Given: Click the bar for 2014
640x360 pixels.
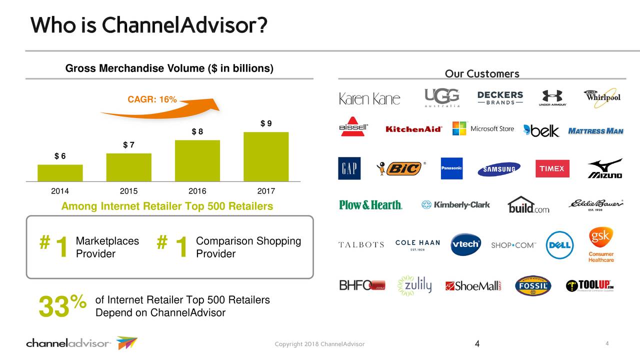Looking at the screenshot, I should [x=60, y=172].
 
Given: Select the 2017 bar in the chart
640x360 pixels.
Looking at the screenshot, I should [x=266, y=156].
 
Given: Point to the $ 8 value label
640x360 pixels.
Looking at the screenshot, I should [x=197, y=131].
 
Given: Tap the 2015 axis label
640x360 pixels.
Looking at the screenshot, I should [x=128, y=191].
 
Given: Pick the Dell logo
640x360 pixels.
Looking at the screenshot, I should [x=559, y=245].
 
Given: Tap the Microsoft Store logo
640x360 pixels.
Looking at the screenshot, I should [x=483, y=128].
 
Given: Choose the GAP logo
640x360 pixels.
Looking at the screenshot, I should [x=349, y=168].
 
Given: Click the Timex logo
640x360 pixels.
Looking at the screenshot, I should [x=552, y=168].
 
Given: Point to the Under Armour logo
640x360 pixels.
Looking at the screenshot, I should [x=551, y=97].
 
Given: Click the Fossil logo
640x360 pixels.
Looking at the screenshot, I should [x=533, y=285].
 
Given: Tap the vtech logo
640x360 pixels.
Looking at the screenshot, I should [x=465, y=244].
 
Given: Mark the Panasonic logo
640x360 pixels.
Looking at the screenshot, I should [x=451, y=168].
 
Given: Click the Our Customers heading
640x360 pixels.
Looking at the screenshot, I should [x=482, y=74].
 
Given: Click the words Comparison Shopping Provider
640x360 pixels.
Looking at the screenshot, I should [x=248, y=247].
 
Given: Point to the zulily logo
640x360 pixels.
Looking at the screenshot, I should [x=414, y=285].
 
